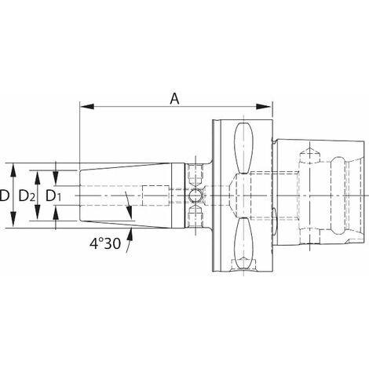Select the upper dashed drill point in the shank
point(310,154)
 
